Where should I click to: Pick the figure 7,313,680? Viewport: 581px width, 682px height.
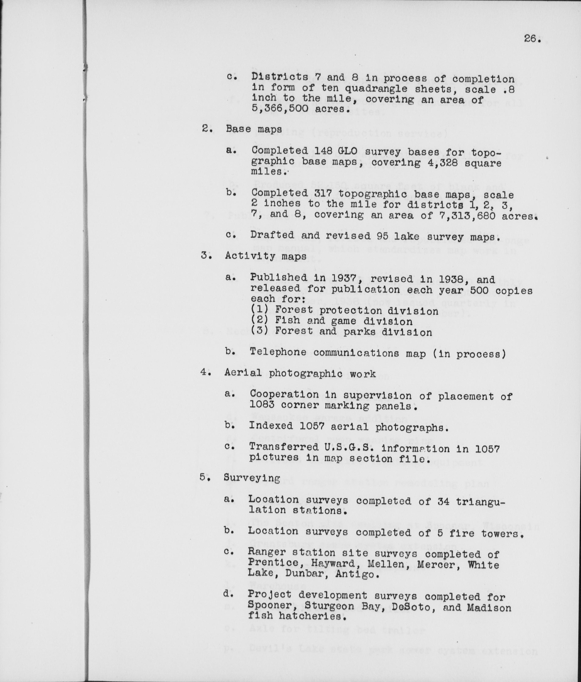click(468, 216)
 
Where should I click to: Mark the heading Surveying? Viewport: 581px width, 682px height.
click(252, 478)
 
